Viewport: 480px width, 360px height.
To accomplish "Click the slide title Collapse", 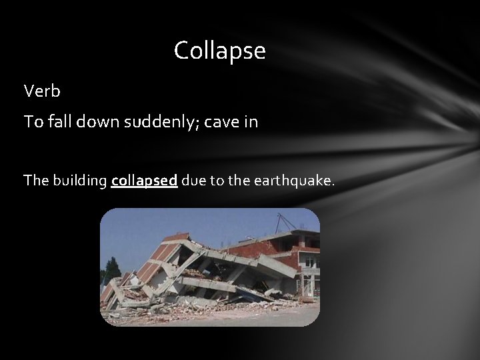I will click(219, 51).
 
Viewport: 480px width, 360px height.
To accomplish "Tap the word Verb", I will click(42, 90).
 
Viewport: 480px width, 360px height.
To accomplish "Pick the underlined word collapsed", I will click(144, 181).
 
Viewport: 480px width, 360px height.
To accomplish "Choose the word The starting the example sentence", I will click(35, 181).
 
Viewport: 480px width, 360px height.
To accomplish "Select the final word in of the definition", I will click(251, 123).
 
